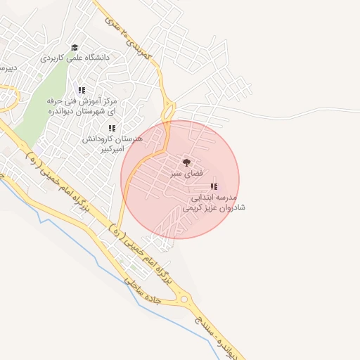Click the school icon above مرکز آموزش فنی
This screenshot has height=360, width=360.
click(x=82, y=90)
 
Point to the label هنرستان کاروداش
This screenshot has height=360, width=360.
click(x=112, y=139)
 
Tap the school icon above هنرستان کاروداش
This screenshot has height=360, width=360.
click(x=111, y=128)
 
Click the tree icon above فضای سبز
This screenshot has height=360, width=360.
click(x=186, y=162)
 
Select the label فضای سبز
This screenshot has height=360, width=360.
click(x=186, y=172)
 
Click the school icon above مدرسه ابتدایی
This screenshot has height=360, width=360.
click(x=213, y=186)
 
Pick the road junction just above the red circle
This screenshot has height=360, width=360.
click(x=169, y=110)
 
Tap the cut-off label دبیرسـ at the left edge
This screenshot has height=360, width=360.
click(x=7, y=68)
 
